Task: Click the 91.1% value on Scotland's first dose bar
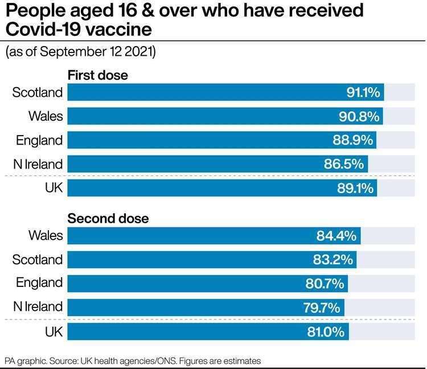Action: pyautogui.click(x=363, y=92)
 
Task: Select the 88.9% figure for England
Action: pyautogui.click(x=354, y=140)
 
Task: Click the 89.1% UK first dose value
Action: pyautogui.click(x=355, y=188)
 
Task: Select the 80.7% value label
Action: pyautogui.click(x=325, y=284)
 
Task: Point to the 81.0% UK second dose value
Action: pyautogui.click(x=326, y=331)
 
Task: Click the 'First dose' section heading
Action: pyautogui.click(x=98, y=75)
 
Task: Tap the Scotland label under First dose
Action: pyautogui.click(x=38, y=92)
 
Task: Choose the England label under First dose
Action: pyautogui.click(x=39, y=140)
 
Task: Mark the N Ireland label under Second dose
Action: pyautogui.click(x=38, y=307)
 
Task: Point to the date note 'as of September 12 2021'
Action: pyautogui.click(x=80, y=52)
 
